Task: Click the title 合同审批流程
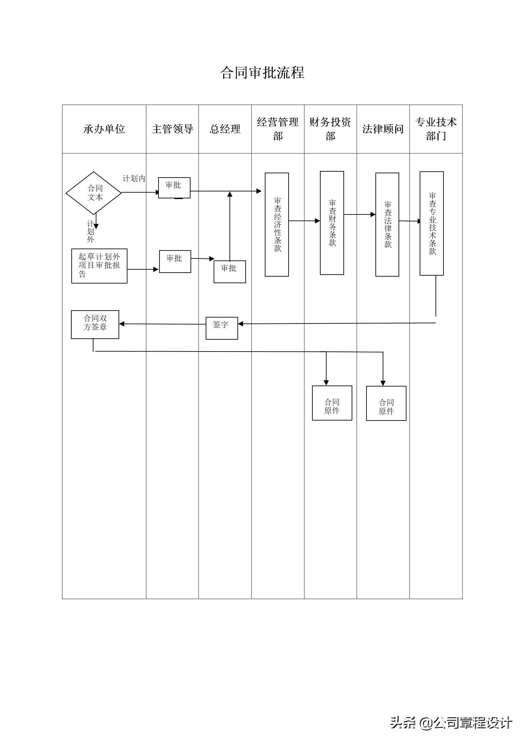(x=262, y=73)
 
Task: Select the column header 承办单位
(x=104, y=129)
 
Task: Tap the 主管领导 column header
(x=172, y=129)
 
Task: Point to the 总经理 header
(x=225, y=129)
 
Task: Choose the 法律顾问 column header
(x=383, y=129)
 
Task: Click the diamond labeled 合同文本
(x=94, y=193)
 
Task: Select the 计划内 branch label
(x=134, y=179)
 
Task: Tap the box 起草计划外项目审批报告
(x=99, y=266)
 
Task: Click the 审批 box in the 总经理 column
(x=229, y=271)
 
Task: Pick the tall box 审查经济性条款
(x=277, y=224)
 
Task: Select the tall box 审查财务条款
(x=332, y=223)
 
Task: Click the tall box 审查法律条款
(x=387, y=224)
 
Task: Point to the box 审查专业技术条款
(x=432, y=223)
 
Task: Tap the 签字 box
(x=222, y=328)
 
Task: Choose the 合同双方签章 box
(x=95, y=324)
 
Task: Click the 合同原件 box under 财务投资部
(x=332, y=403)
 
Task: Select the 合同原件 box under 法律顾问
(x=386, y=403)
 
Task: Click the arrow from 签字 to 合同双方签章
(x=162, y=324)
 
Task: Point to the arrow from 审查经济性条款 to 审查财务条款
(x=304, y=221)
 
